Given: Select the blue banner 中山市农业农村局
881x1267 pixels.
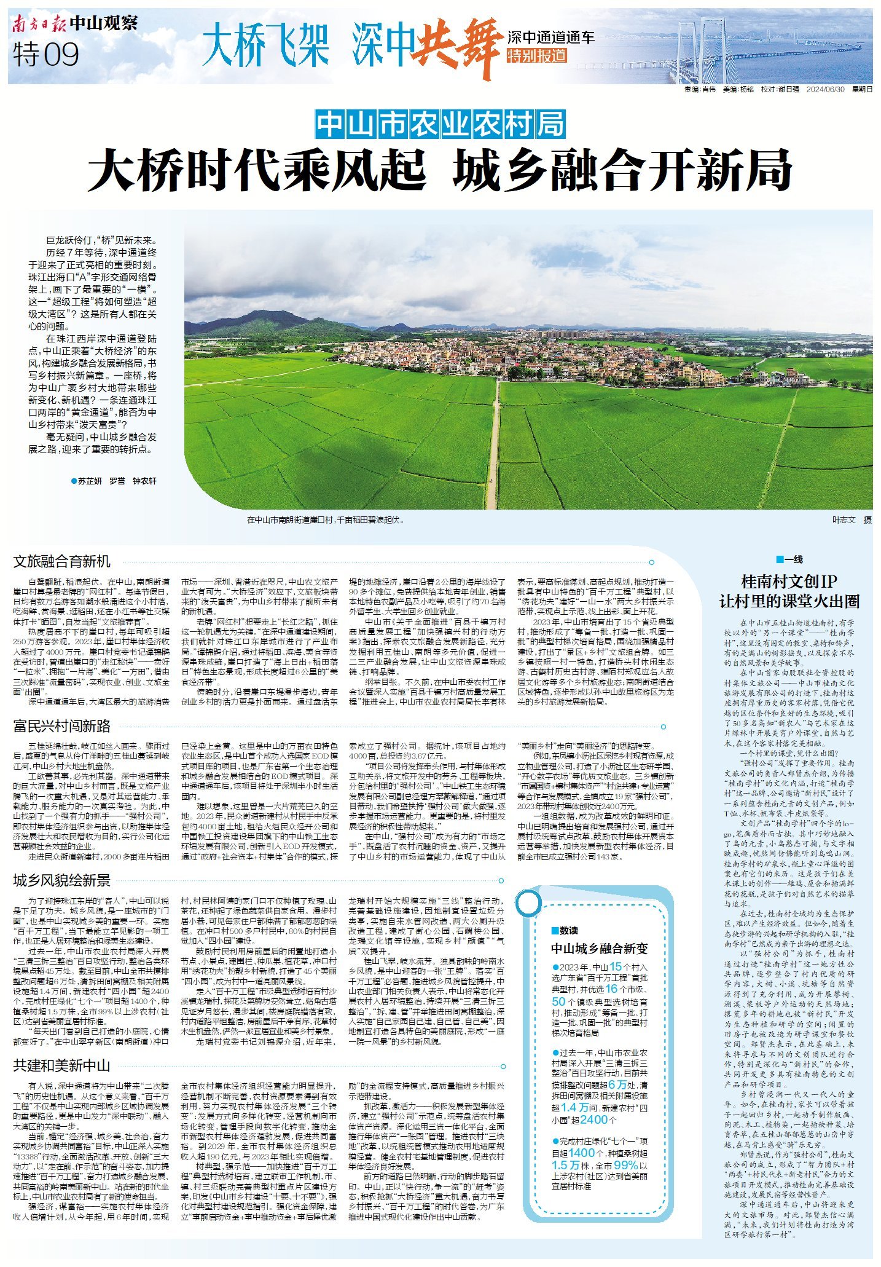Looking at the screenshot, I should pos(440,125).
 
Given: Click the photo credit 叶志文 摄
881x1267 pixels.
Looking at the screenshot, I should pos(852,520).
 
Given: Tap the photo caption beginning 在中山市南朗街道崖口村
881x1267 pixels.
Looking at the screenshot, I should pos(326,520).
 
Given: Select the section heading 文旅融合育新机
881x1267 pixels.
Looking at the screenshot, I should pos(62,561).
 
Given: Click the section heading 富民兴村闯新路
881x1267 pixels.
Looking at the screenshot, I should pos(62,727).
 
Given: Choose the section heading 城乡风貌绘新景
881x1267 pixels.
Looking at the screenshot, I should pos(62,881).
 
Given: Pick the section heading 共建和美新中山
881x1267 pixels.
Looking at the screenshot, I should pos(62,1065).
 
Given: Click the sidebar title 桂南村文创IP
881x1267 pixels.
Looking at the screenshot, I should pos(789,582).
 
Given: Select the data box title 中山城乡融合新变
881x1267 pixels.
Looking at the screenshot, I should pos(599,949).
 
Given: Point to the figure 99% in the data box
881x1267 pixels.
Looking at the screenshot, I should pos(625,1165).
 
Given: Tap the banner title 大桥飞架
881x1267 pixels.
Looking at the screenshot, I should pos(265,45).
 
